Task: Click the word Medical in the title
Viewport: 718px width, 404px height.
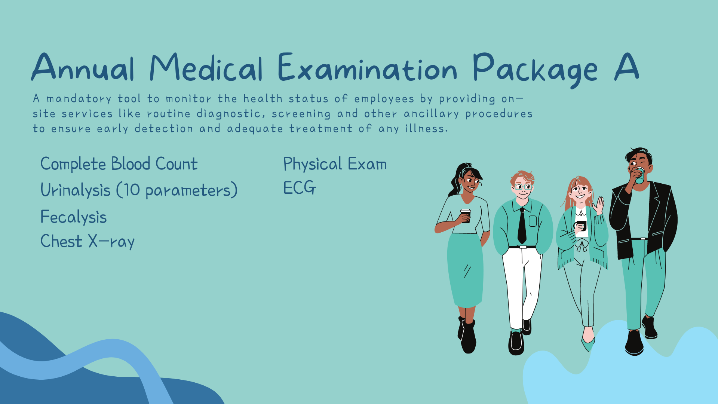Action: point(206,67)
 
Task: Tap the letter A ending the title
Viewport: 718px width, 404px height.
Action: point(626,67)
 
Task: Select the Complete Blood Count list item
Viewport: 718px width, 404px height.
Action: point(119,164)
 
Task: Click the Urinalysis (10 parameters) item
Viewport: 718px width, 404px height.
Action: point(139,190)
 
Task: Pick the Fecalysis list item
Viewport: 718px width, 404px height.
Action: point(73,217)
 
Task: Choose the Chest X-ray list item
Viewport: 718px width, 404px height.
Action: point(87,242)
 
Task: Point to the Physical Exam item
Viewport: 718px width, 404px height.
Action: point(335,164)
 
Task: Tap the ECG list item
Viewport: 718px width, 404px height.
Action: point(300,188)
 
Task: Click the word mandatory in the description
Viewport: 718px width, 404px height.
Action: point(79,99)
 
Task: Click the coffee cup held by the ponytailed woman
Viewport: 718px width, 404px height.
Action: point(466,216)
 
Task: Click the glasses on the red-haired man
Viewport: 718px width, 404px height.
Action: point(523,187)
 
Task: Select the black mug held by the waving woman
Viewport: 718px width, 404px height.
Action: point(580,226)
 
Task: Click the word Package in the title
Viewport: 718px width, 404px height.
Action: point(535,70)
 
